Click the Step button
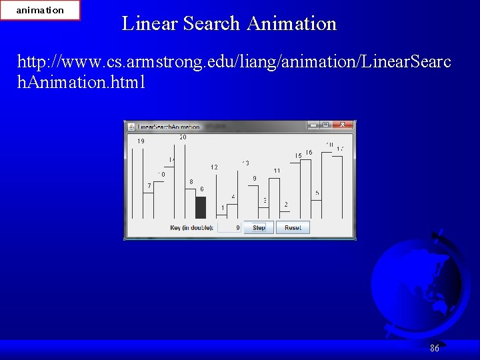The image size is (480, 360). click(x=259, y=227)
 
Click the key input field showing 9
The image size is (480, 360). click(x=229, y=227)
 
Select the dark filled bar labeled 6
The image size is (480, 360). click(x=201, y=207)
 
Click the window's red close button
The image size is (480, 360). click(x=343, y=125)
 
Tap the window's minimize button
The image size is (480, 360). click(x=313, y=125)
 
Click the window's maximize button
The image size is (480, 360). click(x=325, y=125)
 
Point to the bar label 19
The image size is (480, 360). click(x=141, y=141)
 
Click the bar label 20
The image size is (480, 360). click(x=183, y=137)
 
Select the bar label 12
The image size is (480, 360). click(x=214, y=167)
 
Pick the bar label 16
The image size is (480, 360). click(x=309, y=153)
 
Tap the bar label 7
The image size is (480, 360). click(x=149, y=185)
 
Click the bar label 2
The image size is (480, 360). click(x=286, y=205)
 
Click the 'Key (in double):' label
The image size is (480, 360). click(x=192, y=228)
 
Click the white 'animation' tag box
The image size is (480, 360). click(x=40, y=10)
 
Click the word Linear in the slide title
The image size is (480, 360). click(x=150, y=23)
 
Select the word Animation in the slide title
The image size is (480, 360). click(x=291, y=23)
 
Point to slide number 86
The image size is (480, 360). click(x=435, y=348)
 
